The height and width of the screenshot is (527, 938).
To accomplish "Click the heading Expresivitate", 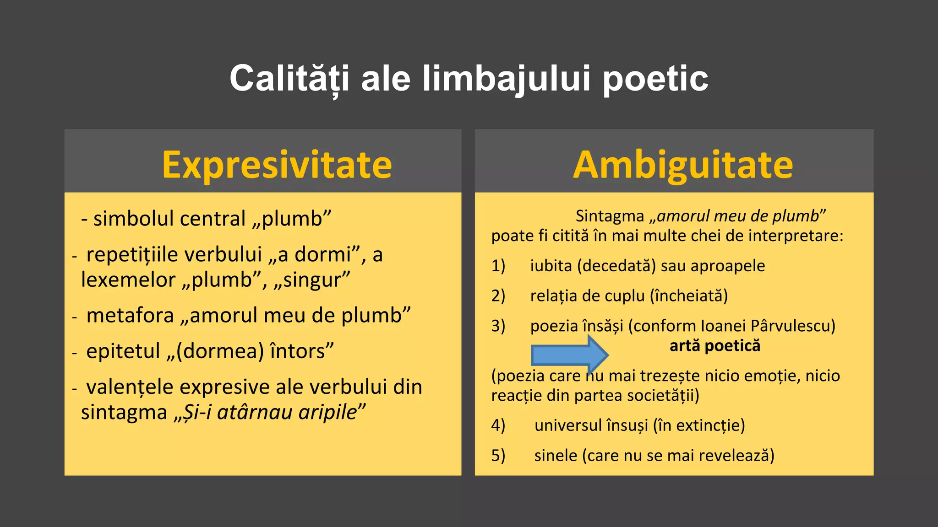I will point(277,165).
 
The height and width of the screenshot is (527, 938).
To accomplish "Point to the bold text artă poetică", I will point(714,346).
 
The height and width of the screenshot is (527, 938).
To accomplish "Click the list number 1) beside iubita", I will point(498,266).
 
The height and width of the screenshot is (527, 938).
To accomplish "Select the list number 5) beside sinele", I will point(498,456).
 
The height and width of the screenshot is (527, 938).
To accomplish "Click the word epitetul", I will point(123,351).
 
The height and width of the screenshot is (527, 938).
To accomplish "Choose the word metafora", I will point(130,316).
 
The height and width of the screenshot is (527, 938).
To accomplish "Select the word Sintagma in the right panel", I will point(610,216).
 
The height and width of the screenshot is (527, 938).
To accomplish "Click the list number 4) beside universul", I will point(498,425).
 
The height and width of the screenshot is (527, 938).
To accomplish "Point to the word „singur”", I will point(312,280).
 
